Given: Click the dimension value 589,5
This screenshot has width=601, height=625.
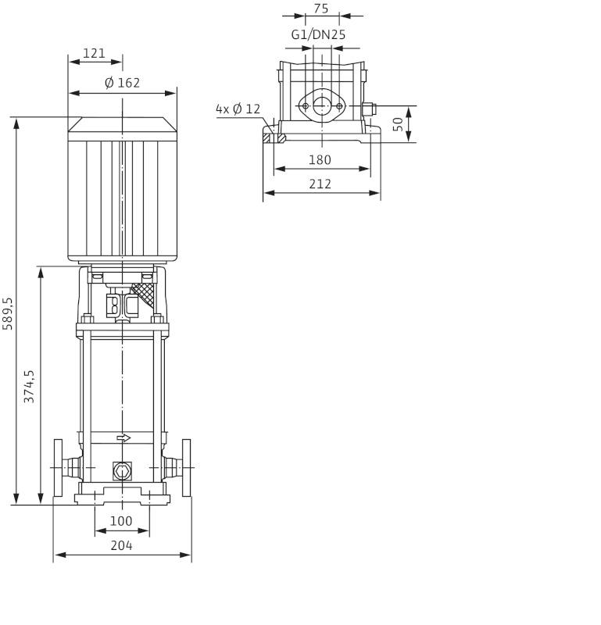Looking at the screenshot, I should pos(9,312).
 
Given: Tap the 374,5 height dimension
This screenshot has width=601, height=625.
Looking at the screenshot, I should pos(30,386).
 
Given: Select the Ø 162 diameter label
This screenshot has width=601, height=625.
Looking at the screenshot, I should pos(123,82).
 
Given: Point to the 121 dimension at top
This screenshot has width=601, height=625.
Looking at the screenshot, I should pos(94,53).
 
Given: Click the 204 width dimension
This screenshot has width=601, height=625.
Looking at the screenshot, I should pos(121,545).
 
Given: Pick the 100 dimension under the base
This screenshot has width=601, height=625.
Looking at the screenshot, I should pos(121,520).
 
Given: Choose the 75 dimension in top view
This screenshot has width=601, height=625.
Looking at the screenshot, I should pos(321,9).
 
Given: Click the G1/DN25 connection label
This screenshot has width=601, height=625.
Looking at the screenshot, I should pos(318,34).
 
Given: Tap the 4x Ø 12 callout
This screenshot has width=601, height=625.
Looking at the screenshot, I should pos(238,109).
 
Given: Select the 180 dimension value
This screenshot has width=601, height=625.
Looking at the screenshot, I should pos(320,159).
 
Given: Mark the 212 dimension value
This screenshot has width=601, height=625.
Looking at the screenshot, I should pos(320,184).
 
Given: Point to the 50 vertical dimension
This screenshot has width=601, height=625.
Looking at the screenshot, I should pos(398,123).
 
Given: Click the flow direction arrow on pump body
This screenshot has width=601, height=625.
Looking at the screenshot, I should pos(123,438).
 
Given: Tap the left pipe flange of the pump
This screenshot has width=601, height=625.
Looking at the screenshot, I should pos(58,467).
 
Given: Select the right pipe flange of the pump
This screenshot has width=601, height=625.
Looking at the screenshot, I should pos(186,467).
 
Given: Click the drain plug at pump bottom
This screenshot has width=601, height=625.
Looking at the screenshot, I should pos(122,471).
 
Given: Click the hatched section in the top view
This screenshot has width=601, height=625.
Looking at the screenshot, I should pos(274,138).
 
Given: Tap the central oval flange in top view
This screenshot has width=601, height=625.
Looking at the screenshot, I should pos(321,105).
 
